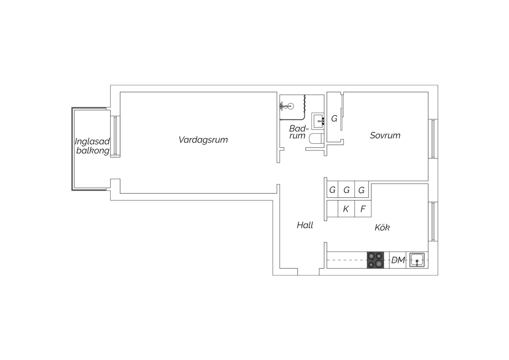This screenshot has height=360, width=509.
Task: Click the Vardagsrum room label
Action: [203, 140]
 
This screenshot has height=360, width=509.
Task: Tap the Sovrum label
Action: [385, 136]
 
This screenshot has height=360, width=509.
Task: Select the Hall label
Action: [305, 225]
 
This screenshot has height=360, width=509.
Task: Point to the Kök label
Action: [382, 227]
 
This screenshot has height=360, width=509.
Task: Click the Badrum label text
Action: [299, 132]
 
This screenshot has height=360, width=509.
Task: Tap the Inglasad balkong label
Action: [92, 146]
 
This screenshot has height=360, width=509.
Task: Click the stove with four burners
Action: [375, 260]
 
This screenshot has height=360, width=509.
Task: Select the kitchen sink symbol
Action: [417, 260]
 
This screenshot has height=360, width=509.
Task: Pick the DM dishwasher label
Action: [398, 260]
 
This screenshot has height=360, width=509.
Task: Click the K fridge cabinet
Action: [346, 209]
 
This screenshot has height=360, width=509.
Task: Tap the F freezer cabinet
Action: [363, 209]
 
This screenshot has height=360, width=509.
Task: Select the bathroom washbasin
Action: [318, 121]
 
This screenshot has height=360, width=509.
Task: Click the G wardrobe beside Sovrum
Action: [334, 118]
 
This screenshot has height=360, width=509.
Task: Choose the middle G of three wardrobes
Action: [346, 189]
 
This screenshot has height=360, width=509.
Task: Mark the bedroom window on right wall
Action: [433, 139]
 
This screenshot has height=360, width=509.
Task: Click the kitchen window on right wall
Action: [433, 222]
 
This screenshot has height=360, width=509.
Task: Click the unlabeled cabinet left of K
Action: [332, 209]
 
